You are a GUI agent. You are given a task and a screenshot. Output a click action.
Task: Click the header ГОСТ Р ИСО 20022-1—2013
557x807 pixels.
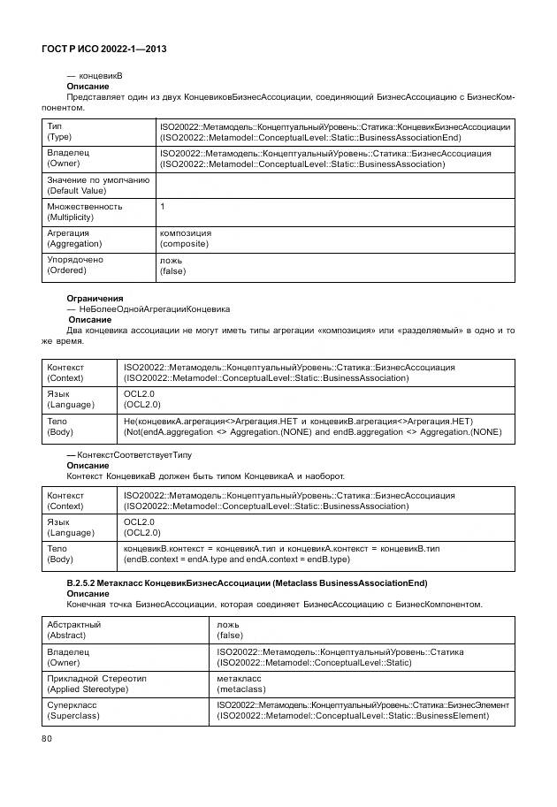click(x=104, y=49)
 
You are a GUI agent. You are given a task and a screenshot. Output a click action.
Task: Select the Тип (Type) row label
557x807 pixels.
click(x=60, y=132)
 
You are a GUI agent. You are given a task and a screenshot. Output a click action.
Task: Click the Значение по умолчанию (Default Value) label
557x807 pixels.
click(x=97, y=185)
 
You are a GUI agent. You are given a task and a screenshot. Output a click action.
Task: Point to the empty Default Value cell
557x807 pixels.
click(x=334, y=185)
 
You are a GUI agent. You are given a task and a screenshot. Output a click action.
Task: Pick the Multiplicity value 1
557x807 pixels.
click(x=163, y=206)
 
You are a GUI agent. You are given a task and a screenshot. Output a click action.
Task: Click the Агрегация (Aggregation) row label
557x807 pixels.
click(x=74, y=238)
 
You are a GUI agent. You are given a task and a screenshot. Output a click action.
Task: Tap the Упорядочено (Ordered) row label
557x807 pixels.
click(x=74, y=265)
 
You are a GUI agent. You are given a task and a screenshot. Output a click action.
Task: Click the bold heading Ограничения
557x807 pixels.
click(x=95, y=299)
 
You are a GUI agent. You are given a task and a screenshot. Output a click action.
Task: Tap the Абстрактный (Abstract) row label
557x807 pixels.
click(x=73, y=629)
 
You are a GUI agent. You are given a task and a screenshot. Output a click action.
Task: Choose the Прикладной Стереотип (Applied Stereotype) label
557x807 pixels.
click(x=95, y=682)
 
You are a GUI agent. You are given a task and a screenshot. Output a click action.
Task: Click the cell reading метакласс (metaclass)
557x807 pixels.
click(x=240, y=682)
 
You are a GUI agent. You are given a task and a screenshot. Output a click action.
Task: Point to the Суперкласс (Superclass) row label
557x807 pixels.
click(x=72, y=710)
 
